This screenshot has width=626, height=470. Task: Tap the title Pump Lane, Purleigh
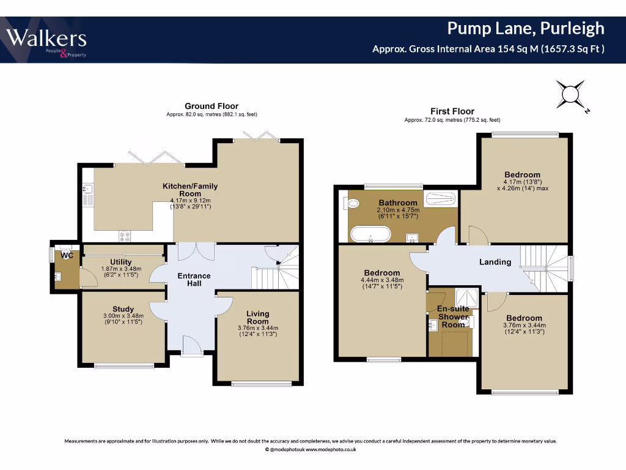525,28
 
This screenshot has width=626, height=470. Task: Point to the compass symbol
570,95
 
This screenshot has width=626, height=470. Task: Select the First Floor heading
452,111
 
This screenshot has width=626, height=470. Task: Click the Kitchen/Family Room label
190,190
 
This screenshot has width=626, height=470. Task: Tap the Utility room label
121,262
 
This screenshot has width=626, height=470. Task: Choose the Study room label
123,309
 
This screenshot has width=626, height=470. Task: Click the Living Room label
257,318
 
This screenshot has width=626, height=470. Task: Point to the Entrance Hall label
194,280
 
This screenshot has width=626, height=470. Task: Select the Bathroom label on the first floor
397,203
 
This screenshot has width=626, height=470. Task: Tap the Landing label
495,262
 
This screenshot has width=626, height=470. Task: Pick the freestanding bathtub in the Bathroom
370,234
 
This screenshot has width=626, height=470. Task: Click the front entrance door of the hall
192,349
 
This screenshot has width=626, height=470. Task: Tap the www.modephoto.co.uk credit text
331,449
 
